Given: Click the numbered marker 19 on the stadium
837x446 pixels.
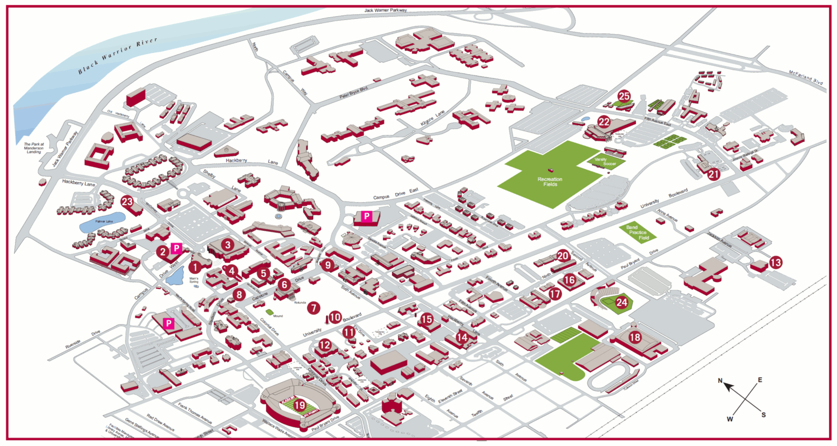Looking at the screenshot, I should pos(300,405).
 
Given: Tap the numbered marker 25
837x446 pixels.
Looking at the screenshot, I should pos(624,96).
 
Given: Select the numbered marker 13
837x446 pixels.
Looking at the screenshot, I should pos(776,262).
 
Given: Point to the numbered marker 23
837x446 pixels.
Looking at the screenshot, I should pos(127,202).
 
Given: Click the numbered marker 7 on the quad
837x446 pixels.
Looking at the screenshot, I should pos(313,308).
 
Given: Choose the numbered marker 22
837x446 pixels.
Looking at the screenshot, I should pos(604,122).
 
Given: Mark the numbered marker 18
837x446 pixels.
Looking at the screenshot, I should pos(635,337).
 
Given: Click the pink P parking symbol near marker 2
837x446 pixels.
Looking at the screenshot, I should pos(176,248).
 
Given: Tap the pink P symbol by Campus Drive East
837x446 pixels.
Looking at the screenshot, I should pos(367,216).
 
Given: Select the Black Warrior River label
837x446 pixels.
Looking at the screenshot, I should pos(117,55).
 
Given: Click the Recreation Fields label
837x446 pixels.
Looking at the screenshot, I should pos(550,182).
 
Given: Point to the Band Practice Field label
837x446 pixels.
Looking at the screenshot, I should pos(638,232).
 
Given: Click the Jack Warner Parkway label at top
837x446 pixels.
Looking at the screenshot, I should pos(386,10).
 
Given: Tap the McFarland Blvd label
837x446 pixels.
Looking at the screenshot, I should pos(806,78).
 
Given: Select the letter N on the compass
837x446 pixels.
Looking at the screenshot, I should pos(720,381).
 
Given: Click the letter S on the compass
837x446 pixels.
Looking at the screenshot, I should pos(763,415).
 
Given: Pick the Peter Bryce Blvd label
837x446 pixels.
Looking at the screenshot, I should pos(354,93).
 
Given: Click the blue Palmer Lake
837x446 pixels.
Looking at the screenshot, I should pos(103,223).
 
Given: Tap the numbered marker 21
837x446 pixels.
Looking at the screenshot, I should pos(714,174).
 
